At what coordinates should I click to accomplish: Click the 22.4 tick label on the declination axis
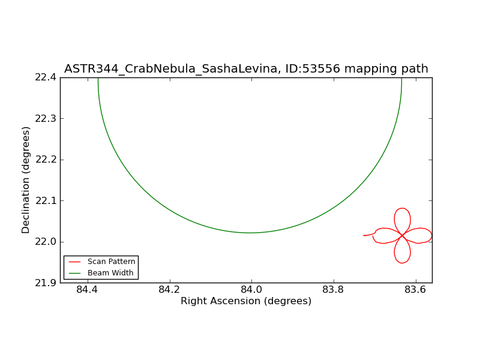[x=46, y=77]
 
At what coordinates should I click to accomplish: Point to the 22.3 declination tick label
[x=46, y=118]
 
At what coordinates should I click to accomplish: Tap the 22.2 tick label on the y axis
[x=46, y=160]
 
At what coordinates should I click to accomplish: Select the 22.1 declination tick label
[x=46, y=201]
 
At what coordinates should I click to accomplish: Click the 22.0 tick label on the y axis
[x=46, y=242]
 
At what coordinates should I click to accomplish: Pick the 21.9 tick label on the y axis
[x=46, y=283]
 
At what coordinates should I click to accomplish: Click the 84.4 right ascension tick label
[x=87, y=290]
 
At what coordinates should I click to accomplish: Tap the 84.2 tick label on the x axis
[x=169, y=290]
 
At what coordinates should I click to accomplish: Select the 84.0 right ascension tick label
[x=251, y=290]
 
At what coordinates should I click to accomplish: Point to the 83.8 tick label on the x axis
[x=334, y=290]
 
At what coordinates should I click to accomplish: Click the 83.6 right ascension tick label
[x=415, y=290]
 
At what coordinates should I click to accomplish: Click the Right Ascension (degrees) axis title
[x=246, y=301]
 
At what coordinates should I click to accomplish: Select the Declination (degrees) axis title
[x=26, y=181]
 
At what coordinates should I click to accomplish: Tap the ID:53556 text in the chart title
[x=313, y=68]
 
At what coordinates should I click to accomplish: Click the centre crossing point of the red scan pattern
[x=402, y=235]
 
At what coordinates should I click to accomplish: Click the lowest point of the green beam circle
[x=250, y=233]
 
